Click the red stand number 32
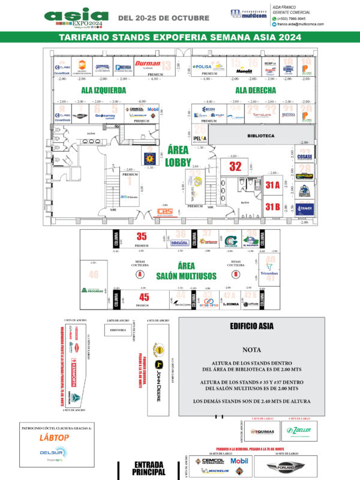pos(235,166)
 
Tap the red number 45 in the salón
pos(143,297)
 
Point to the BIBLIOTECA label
pos(260,136)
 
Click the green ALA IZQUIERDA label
pos(104,91)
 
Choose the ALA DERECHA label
pos(256,91)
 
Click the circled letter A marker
pos(140,274)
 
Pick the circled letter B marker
pos(236,274)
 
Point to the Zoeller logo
pos(298,431)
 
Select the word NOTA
pos(251,349)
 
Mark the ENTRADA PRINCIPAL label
pos(149,468)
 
